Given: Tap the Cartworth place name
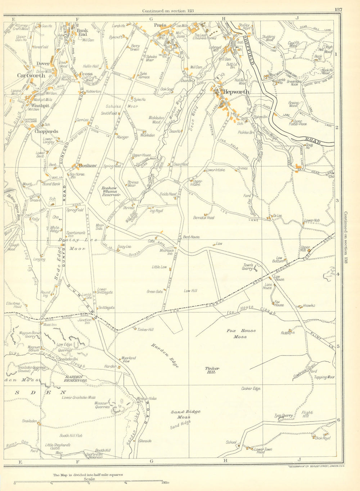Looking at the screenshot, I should pyautogui.click(x=32, y=76).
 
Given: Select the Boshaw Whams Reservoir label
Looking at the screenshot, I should pyautogui.click(x=111, y=191).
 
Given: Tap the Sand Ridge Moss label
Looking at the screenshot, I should pyautogui.click(x=186, y=414).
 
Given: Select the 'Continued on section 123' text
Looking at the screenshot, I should pyautogui.click(x=168, y=11).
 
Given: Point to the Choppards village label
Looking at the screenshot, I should pyautogui.click(x=46, y=131).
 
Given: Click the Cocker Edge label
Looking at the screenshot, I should pyautogui.click(x=251, y=389).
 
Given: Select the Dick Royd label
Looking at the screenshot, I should pyautogui.click(x=323, y=438).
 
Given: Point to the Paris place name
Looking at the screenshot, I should pyautogui.click(x=160, y=25).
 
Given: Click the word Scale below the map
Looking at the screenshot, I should pyautogui.click(x=89, y=479).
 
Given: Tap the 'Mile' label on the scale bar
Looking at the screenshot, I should pyautogui.click(x=167, y=482).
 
